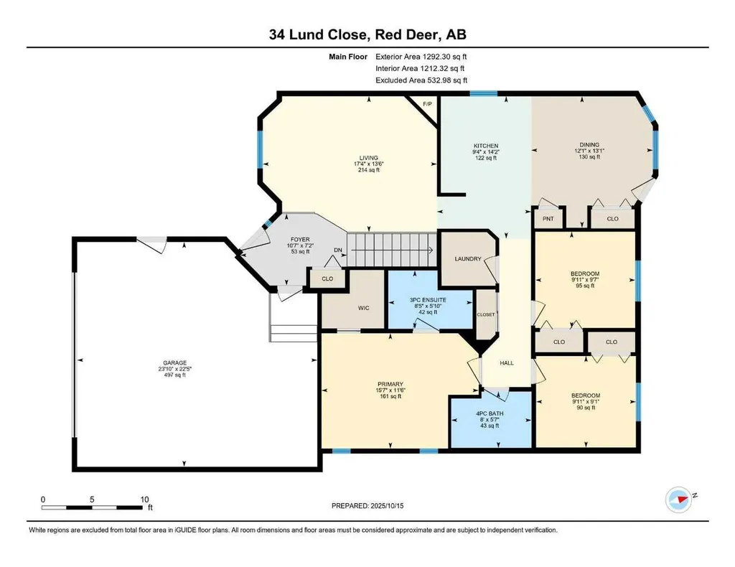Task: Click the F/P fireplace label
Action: [x=427, y=103]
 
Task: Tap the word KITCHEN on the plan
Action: [x=486, y=146]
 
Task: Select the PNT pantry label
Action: [x=548, y=219]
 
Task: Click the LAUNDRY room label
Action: [x=468, y=258]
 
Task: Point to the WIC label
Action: [x=363, y=308]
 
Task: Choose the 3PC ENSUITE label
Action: [x=428, y=300]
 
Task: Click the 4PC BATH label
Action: [x=490, y=414]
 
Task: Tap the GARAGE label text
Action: [x=175, y=362]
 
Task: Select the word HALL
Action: [x=507, y=362]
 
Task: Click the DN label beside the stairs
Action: [x=338, y=250]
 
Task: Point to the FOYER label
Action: [x=300, y=240]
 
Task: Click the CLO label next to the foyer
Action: [x=327, y=278]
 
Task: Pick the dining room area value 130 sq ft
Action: [x=589, y=157]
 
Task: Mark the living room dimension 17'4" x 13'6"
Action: [x=369, y=164]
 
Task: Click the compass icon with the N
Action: [x=679, y=500]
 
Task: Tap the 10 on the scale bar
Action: [x=144, y=500]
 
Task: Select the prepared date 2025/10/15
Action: [x=387, y=506]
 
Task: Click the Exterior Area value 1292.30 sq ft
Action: [x=444, y=57]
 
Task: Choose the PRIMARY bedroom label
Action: [x=390, y=384]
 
